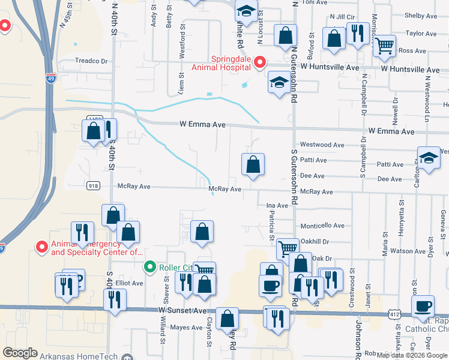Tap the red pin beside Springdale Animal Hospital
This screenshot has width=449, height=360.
(x=260, y=62)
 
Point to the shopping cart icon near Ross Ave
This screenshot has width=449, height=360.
(x=384, y=45)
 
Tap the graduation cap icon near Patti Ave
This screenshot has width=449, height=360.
(x=429, y=158)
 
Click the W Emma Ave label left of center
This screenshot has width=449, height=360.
(x=202, y=125)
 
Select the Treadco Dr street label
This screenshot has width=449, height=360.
(x=91, y=61)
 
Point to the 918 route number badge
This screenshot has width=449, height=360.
(x=92, y=186)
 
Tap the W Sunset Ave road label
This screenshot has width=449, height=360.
(x=182, y=310)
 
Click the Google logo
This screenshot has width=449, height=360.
(x=20, y=353)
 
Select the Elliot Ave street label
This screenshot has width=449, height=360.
(x=130, y=283)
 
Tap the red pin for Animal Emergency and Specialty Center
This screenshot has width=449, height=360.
(x=42, y=247)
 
